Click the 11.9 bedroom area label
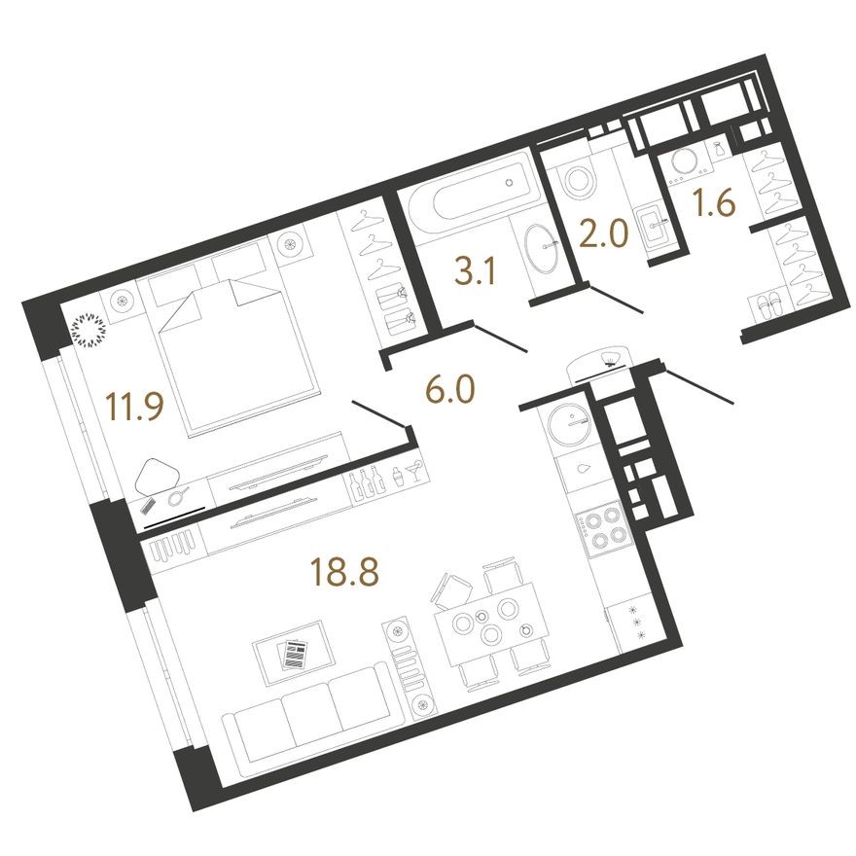[132, 404]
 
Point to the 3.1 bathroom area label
[477, 272]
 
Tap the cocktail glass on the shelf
[411, 474]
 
